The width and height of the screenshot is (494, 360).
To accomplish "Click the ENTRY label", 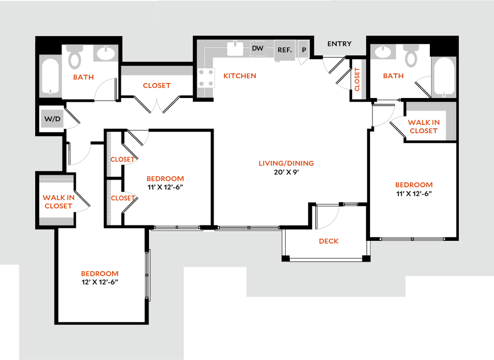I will click(339, 44).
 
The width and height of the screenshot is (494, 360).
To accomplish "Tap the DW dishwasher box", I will click(258, 48).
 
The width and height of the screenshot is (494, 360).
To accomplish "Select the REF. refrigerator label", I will click(285, 50).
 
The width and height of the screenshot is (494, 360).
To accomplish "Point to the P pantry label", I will click(304, 50).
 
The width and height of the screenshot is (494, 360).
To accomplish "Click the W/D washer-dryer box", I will click(53, 119).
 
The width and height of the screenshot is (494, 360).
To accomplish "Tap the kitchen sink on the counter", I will click(235, 48).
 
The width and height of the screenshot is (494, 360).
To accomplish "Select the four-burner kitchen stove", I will click(207, 77).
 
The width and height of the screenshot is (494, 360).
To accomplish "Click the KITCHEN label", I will click(240, 76).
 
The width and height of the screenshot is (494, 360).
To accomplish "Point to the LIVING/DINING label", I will click(286, 164).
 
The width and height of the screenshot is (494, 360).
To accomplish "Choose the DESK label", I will click(329, 241).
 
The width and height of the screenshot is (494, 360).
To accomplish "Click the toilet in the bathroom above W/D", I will click(75, 56).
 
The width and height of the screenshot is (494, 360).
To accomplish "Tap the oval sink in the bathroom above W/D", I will click(104, 53).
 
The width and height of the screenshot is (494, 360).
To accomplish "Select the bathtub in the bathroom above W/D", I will click(51, 76).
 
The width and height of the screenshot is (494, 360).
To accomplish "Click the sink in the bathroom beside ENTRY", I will click(383, 52).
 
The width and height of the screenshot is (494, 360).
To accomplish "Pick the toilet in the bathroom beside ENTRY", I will click(411, 56).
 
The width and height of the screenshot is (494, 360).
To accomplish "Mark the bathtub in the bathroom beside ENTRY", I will click(444, 76).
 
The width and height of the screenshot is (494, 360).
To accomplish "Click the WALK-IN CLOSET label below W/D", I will click(58, 202).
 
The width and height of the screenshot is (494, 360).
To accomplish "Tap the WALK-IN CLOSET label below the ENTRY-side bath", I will click(423, 126).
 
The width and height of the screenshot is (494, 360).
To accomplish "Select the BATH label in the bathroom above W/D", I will click(83, 77).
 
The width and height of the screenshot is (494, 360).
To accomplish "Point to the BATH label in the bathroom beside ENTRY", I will click(393, 76).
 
